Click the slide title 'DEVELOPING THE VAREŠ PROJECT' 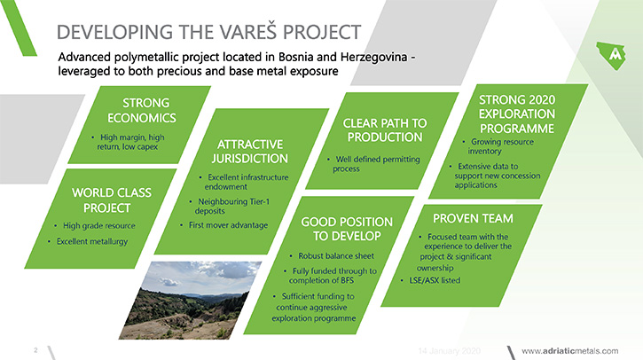pyautogui.click(x=208, y=32)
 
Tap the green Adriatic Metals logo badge pyautogui.click(x=611, y=55)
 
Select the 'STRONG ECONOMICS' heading pyautogui.click(x=142, y=110)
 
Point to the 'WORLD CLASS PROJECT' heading pyautogui.click(x=111, y=200)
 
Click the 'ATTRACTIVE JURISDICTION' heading pyautogui.click(x=250, y=152)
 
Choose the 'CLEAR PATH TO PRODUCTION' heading pyautogui.click(x=385, y=130)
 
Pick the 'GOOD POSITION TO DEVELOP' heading pyautogui.click(x=347, y=229)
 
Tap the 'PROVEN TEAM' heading pyautogui.click(x=473, y=218)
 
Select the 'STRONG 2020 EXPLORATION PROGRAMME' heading pyautogui.click(x=517, y=114)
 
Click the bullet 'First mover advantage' pyautogui.click(x=228, y=225)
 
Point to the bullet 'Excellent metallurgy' pyautogui.click(x=92, y=241)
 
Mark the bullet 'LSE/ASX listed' pyautogui.click(x=435, y=280)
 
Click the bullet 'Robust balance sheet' pyautogui.click(x=336, y=256)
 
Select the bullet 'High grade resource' pyautogui.click(x=98, y=225)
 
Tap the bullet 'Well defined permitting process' pyautogui.click(x=376, y=164)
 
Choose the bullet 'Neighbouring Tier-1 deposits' pyautogui.click(x=232, y=207)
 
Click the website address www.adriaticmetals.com pyautogui.click(x=569, y=351)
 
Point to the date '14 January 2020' pyautogui.click(x=449, y=351)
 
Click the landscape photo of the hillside pyautogui.click(x=189, y=301)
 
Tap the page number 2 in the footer pyautogui.click(x=35, y=349)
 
